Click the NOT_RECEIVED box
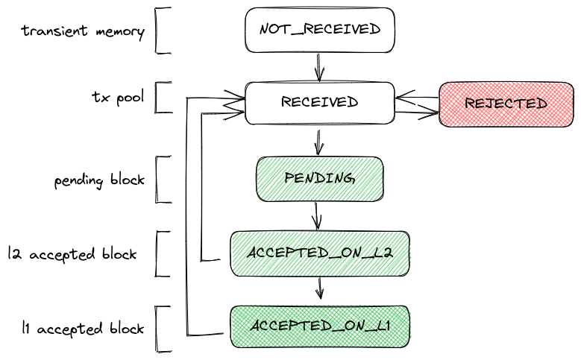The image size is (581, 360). (x=319, y=30)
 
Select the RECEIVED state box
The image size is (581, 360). (x=319, y=102)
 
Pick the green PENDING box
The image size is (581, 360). (x=319, y=179)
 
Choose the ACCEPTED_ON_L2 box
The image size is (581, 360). (x=319, y=253)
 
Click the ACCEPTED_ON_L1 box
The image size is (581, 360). (x=319, y=327)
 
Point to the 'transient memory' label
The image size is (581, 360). (x=82, y=31)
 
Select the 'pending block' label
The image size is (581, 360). (x=98, y=180)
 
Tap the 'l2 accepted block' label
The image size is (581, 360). (x=72, y=253)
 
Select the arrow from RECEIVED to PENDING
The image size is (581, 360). (x=319, y=141)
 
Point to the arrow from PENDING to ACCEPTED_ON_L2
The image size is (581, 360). (x=318, y=215)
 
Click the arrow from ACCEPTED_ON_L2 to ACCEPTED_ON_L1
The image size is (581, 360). (x=320, y=289)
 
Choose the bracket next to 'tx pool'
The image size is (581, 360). (x=160, y=97)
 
